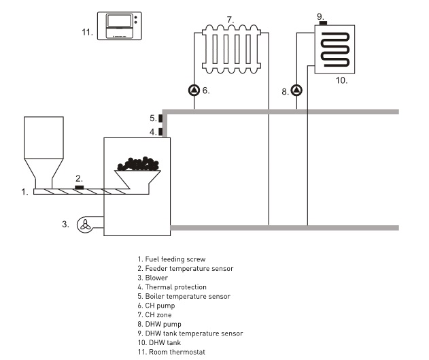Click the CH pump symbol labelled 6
click(195, 89)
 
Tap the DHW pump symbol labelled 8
click(296, 89)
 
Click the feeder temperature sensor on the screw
click(79, 186)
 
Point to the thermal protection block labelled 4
click(160, 131)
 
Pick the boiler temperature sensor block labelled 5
click(160, 118)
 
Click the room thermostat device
click(120, 26)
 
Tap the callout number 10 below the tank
click(341, 80)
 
